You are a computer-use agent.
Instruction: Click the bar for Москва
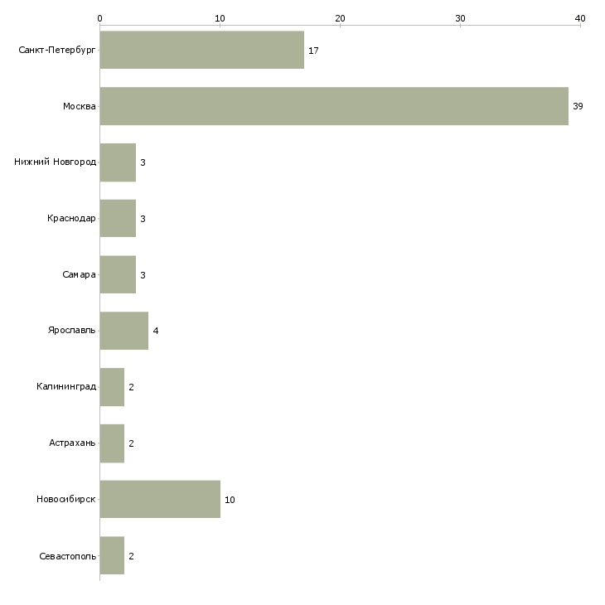(334, 106)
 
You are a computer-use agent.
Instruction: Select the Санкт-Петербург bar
(202, 50)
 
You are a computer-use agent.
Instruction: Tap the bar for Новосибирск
(160, 499)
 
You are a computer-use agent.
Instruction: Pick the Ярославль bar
(124, 331)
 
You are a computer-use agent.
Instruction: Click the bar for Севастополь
(112, 555)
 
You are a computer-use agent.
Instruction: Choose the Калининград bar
(112, 387)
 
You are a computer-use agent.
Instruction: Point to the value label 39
(578, 106)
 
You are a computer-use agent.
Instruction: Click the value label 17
(313, 51)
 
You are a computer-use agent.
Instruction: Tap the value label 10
(230, 500)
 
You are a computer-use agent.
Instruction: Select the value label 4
(156, 331)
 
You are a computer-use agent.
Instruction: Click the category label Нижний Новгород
(55, 162)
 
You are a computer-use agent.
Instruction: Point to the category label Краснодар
(71, 219)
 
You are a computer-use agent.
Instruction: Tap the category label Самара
(79, 274)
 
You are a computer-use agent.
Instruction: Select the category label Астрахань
(72, 443)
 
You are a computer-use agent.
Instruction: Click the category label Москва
(80, 106)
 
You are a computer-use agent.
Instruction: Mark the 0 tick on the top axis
(100, 26)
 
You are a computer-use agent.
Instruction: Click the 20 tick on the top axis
(340, 26)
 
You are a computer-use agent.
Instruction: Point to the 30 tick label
(460, 18)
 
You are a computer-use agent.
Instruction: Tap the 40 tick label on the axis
(580, 18)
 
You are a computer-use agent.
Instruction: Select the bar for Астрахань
(112, 443)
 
